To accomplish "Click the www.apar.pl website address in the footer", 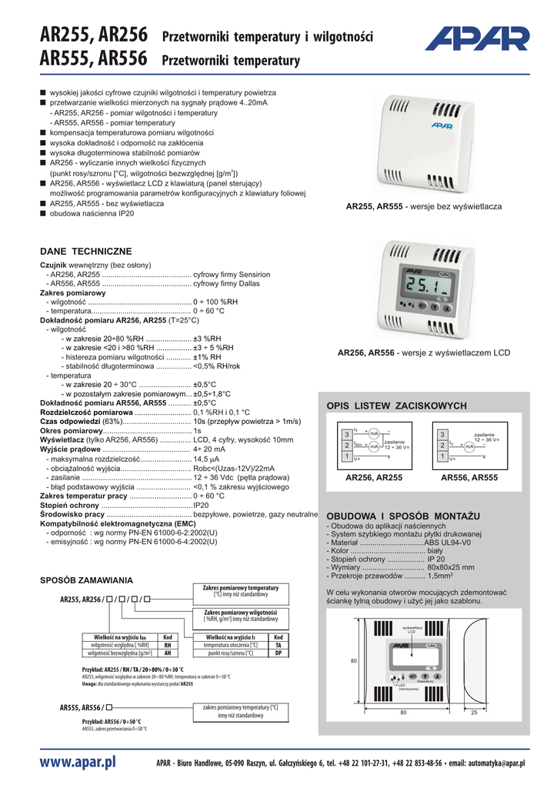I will tap(77, 763).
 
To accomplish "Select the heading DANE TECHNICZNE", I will tap(85, 252).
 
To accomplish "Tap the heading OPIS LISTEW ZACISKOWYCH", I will tap(397, 406).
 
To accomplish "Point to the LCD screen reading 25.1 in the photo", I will tap(419, 289).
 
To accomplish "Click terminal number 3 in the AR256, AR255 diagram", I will tap(347, 435).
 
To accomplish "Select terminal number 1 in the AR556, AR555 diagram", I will tap(442, 456).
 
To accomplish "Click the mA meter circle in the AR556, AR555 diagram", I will tap(469, 446).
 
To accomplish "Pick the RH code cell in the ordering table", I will tap(167, 646).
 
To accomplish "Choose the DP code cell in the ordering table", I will tap(278, 653).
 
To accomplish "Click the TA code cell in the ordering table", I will tap(278, 646).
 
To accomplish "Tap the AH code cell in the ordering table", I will tap(167, 653).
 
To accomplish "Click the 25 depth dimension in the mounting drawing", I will tap(474, 712).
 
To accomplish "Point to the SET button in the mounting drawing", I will tap(412, 676).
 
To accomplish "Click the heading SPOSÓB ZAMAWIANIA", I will tap(86, 580).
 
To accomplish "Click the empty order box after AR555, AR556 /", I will tap(111, 706).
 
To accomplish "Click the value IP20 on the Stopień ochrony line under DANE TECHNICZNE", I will tap(201, 505).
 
